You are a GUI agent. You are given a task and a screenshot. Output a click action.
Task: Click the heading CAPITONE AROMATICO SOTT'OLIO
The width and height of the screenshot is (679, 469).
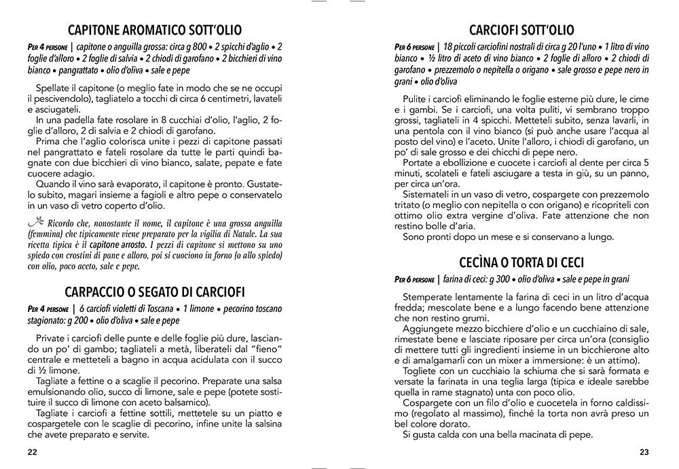pos(156,30)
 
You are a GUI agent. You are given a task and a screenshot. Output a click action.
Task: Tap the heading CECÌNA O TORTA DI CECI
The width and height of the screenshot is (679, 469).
pos(522,262)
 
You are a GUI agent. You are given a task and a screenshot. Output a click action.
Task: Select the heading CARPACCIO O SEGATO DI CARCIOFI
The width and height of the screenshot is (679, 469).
pos(156,292)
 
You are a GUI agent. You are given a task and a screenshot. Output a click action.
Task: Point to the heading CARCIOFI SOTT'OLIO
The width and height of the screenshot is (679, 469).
pos(522,30)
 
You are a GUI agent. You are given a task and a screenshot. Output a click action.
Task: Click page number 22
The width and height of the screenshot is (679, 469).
pos(33,453)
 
